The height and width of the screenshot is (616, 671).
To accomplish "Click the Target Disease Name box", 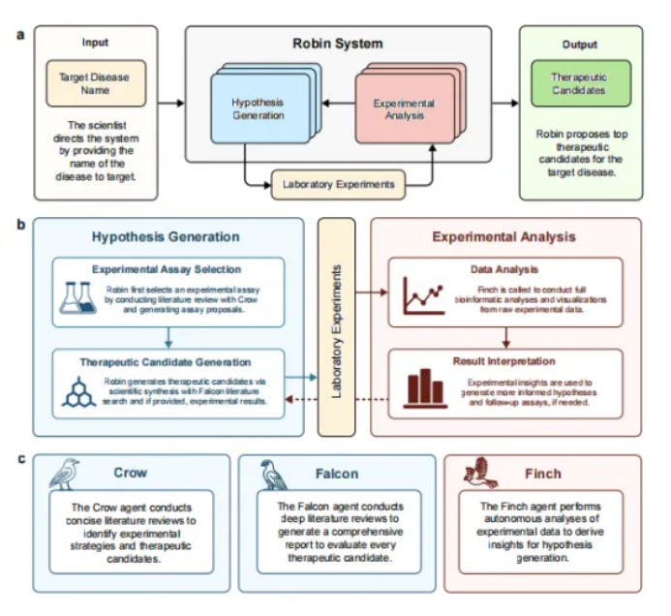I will coord(95,84).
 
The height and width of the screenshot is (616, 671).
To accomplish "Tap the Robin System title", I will coord(338,44).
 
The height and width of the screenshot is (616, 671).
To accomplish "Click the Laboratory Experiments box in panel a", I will coord(338,183).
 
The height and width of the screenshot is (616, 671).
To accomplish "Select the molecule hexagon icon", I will coord(75,385).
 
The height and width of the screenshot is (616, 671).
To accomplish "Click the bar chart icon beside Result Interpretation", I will coord(422,385).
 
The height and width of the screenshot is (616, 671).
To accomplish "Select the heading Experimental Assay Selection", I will coord(167,269).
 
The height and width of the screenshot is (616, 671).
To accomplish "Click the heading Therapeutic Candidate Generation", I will coord(167,362).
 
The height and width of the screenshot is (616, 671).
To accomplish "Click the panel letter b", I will coord(21,225).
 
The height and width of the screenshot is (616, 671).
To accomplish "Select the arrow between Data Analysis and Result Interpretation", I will coord(505,337).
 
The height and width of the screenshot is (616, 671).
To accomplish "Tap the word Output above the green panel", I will coord(580,45).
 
